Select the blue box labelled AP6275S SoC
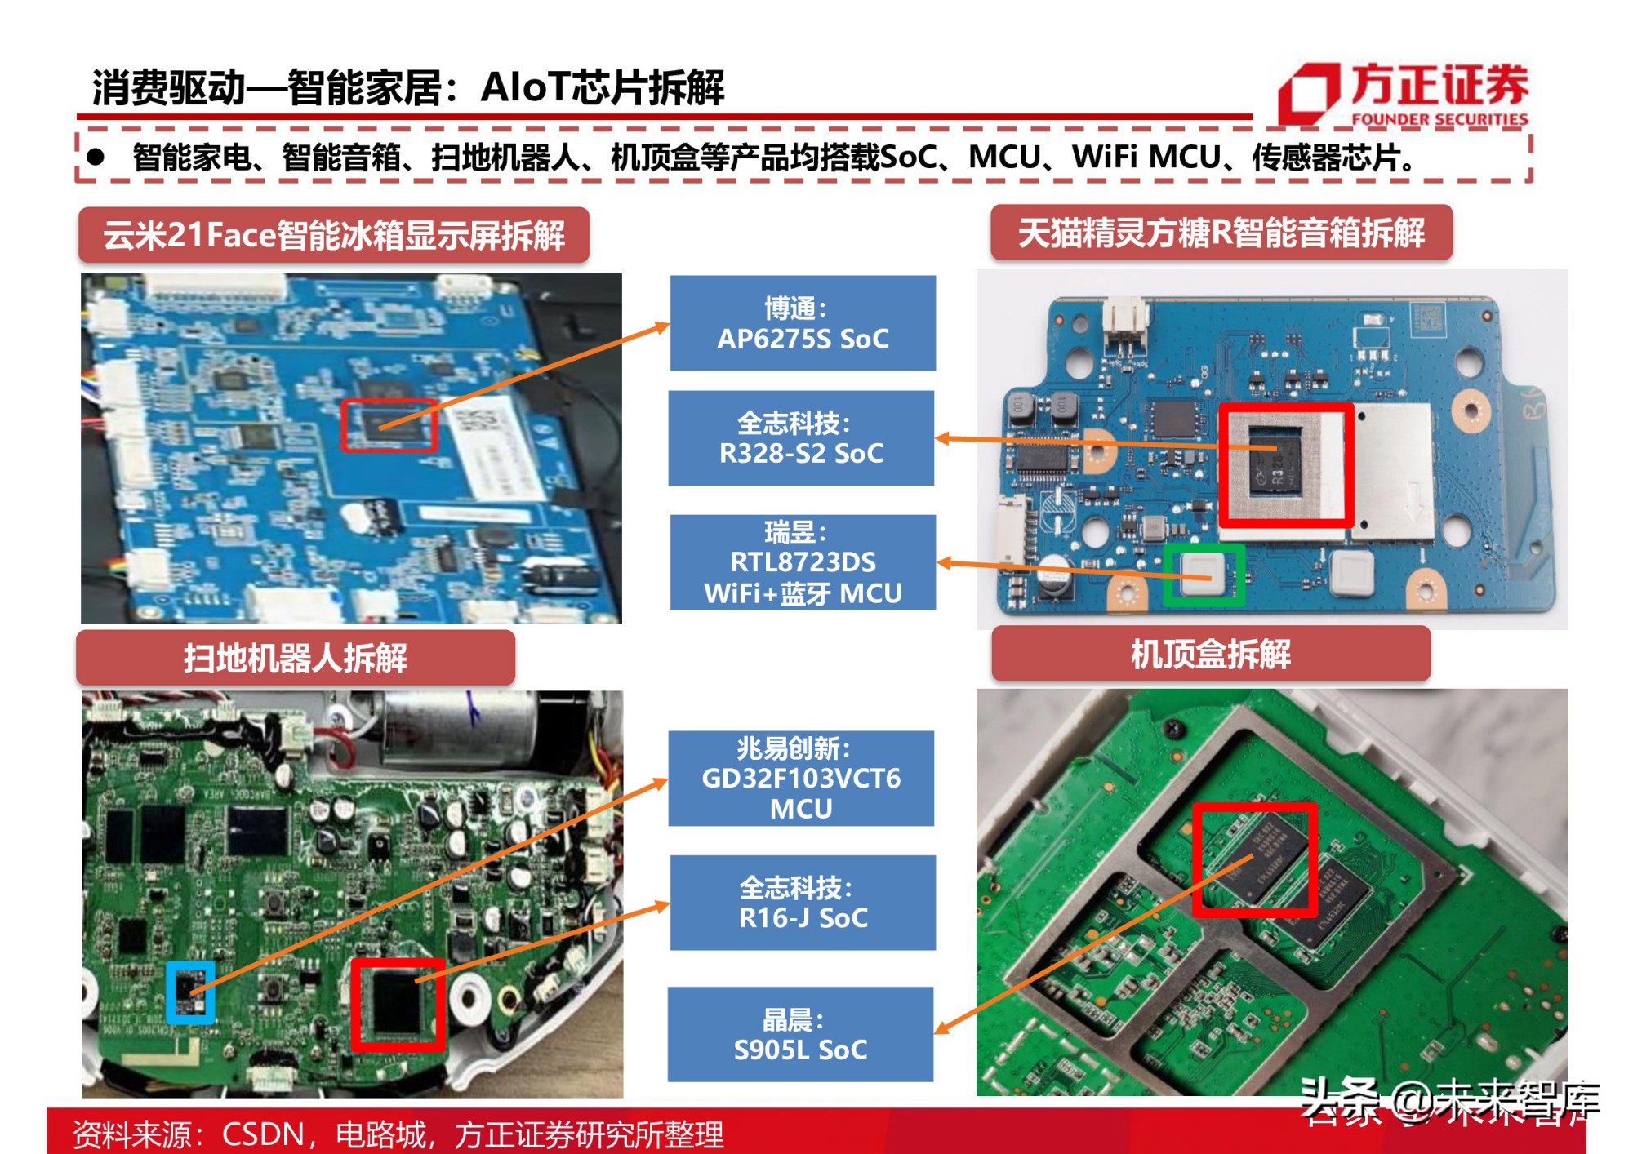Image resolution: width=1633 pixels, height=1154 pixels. click(803, 323)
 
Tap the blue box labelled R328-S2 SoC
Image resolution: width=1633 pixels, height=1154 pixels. click(801, 438)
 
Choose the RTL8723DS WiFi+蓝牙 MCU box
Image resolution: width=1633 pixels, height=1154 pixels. click(803, 562)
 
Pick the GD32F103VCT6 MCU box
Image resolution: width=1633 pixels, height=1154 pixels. click(801, 779)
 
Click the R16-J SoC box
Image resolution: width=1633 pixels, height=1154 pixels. click(803, 903)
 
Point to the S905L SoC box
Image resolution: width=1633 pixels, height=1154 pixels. click(800, 1035)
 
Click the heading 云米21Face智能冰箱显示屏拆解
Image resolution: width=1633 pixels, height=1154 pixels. click(334, 235)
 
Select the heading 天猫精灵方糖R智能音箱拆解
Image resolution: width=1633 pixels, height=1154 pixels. click(1221, 233)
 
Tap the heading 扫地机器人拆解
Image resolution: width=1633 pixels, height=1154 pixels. click(295, 658)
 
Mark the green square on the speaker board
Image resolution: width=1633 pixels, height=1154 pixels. click(1204, 575)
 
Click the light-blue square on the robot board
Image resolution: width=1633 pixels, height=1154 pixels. click(190, 992)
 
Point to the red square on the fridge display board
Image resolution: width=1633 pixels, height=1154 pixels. click(389, 424)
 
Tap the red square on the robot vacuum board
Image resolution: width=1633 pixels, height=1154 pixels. click(398, 1005)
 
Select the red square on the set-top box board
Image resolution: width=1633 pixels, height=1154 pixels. click(1255, 859)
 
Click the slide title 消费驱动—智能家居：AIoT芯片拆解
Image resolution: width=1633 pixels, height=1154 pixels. click(408, 87)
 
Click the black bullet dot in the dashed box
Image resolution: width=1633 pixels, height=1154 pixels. click(96, 157)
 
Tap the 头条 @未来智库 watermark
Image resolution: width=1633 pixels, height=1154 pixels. click(1448, 1102)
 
